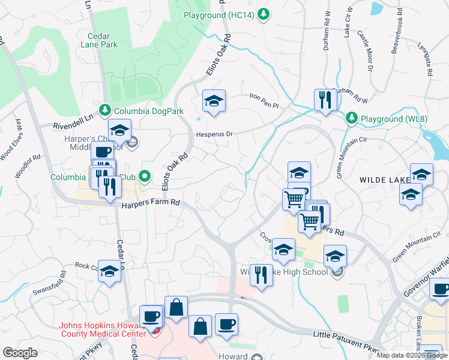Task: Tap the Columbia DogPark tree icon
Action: coord(106,109)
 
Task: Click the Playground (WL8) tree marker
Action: coord(351,118)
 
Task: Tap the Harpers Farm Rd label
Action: coord(151,205)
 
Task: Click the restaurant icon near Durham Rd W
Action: coord(324,100)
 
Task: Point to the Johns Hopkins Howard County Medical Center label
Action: coord(102,330)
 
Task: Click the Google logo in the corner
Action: coord(20,353)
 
